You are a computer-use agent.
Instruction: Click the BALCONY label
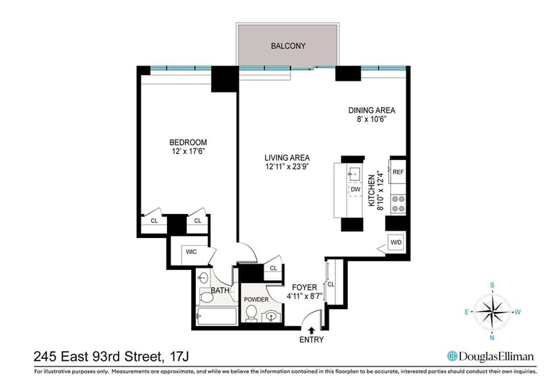click(x=288, y=46)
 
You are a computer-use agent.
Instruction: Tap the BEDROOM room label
click(x=188, y=142)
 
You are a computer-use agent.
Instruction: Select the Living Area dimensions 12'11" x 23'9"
click(x=287, y=166)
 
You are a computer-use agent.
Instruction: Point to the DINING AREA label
click(x=372, y=110)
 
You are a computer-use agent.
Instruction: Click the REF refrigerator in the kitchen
click(x=398, y=172)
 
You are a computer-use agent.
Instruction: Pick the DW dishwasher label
click(x=355, y=190)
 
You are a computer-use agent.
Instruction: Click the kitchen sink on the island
click(x=354, y=174)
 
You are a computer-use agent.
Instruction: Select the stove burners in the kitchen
click(x=399, y=204)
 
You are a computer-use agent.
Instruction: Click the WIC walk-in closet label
click(x=191, y=252)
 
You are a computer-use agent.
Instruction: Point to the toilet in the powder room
click(x=251, y=313)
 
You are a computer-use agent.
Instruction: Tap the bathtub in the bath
click(x=216, y=316)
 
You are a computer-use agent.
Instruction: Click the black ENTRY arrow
click(x=312, y=331)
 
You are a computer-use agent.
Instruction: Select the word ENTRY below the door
click(x=312, y=340)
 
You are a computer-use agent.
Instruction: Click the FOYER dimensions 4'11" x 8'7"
click(x=305, y=296)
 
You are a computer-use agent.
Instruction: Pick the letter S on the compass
click(x=493, y=285)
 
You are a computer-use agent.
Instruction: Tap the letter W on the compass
click(x=518, y=312)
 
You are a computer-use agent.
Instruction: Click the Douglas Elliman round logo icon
click(x=452, y=356)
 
